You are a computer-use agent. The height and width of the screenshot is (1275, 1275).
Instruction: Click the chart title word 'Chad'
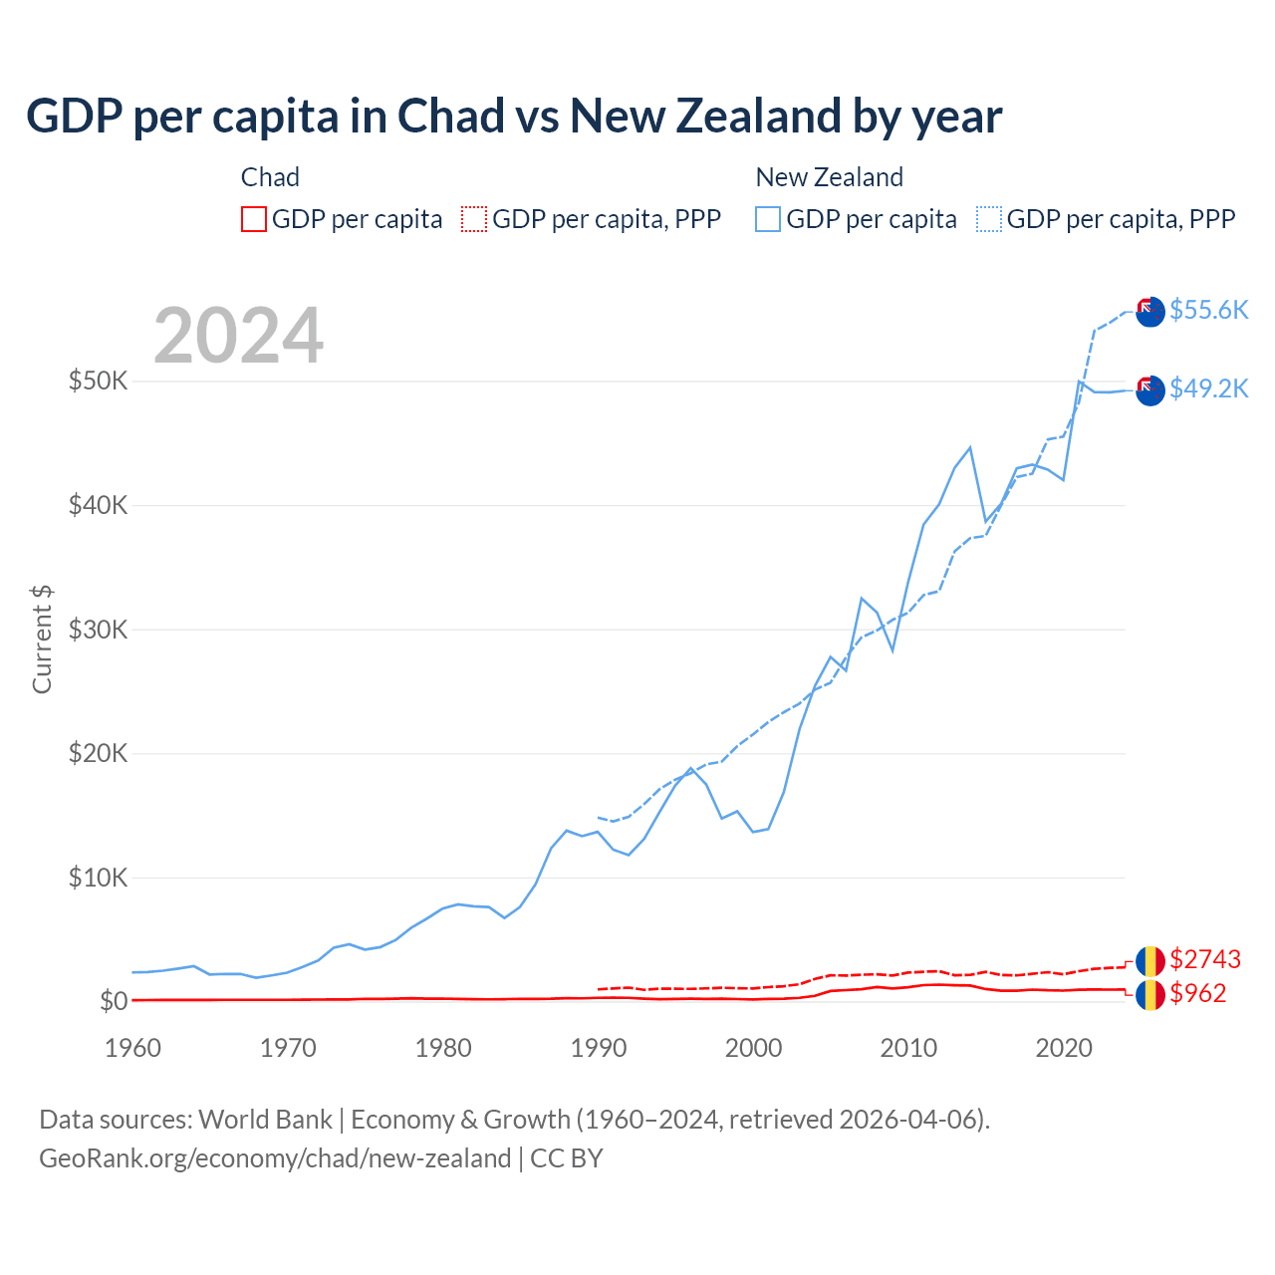[450, 117]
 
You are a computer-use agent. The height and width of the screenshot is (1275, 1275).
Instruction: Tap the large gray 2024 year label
[238, 336]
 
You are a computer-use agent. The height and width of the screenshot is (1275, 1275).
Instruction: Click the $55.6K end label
[1208, 310]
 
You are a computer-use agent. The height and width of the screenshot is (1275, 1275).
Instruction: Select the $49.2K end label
[1208, 388]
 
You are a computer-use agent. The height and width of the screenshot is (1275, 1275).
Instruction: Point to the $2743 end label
[1204, 959]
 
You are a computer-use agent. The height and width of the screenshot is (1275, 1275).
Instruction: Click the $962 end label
[1197, 993]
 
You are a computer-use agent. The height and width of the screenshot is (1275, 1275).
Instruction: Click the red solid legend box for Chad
[254, 219]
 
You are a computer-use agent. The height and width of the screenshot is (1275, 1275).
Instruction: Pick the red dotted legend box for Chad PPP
[474, 219]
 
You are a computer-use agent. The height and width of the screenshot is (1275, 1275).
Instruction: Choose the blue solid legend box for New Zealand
[768, 219]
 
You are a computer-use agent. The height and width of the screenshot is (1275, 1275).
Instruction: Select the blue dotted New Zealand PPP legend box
[989, 219]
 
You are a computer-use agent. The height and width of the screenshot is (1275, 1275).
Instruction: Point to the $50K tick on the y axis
[98, 381]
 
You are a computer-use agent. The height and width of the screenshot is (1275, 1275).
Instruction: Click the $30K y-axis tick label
[98, 630]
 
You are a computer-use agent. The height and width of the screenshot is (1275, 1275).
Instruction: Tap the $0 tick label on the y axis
[113, 1001]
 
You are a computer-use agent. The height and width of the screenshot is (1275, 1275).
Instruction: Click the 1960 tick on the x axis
[132, 1048]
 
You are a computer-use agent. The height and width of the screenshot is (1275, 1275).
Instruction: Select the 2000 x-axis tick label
[753, 1048]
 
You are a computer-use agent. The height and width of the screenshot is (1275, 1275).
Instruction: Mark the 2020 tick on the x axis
[1064, 1048]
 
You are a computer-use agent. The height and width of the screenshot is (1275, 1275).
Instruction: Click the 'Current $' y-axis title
[42, 639]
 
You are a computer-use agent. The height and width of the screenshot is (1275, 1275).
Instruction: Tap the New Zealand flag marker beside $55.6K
[1150, 311]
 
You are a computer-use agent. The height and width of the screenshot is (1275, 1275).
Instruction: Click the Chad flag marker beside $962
[1150, 994]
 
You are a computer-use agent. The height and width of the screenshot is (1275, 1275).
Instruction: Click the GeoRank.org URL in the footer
[275, 1158]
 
